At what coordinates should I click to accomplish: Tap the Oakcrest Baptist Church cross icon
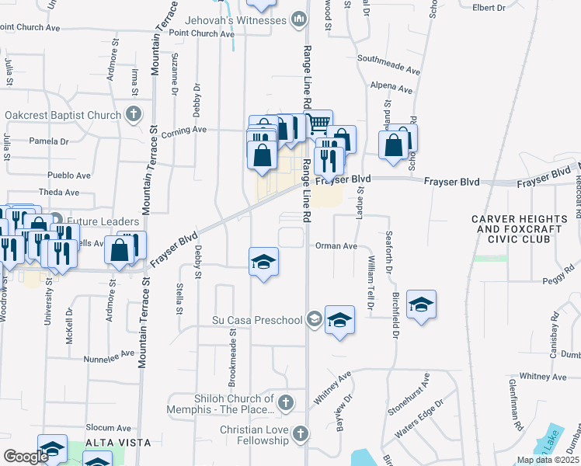click(133, 115)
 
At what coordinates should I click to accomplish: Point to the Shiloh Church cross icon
click(286, 402)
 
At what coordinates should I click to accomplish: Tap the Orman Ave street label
click(336, 246)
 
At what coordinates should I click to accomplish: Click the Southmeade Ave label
click(388, 64)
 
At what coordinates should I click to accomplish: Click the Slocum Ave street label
click(109, 428)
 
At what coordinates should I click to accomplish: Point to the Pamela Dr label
click(49, 141)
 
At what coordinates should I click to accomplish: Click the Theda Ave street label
click(59, 192)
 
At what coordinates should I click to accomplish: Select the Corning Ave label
click(183, 130)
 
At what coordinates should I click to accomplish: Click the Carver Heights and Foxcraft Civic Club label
click(510, 229)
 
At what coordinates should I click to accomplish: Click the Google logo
click(26, 457)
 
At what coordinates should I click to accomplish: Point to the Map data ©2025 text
click(547, 460)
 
